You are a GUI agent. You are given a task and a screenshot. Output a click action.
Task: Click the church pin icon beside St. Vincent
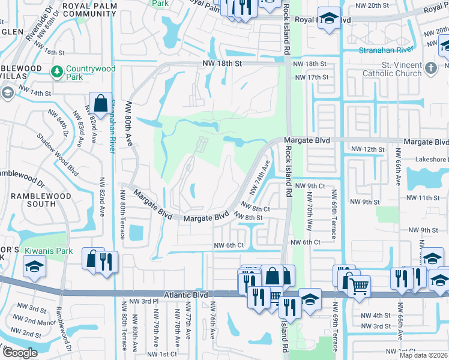[x=430, y=68]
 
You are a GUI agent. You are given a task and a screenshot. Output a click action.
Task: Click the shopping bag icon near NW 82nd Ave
[x=100, y=103]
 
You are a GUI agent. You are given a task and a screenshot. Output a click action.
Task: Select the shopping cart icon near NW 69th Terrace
[x=359, y=286]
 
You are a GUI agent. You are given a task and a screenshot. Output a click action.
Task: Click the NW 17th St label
[x=310, y=77]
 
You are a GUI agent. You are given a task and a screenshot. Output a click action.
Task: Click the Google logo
[x=20, y=352]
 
